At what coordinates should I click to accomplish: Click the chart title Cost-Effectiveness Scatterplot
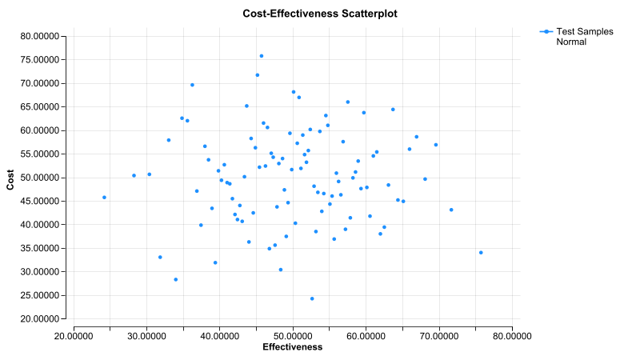click(x=319, y=14)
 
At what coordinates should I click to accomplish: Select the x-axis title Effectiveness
click(x=293, y=347)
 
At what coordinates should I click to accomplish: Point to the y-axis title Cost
click(x=10, y=177)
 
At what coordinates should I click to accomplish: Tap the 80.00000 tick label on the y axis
click(x=44, y=36)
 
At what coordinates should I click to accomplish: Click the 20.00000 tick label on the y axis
click(x=44, y=319)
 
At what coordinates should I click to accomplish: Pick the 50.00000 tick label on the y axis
click(x=44, y=178)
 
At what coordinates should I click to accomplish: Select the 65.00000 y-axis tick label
click(x=44, y=106)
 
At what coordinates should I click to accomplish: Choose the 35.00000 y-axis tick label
click(x=44, y=248)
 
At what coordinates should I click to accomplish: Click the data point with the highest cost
click(x=262, y=56)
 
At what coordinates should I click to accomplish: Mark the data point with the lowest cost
click(x=312, y=298)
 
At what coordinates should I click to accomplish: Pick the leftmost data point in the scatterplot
click(x=104, y=197)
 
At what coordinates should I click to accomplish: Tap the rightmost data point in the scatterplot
click(x=481, y=253)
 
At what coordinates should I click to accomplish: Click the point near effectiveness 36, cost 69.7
click(x=192, y=85)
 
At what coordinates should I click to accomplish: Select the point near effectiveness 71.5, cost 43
click(x=451, y=210)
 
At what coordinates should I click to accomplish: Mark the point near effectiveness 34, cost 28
click(x=176, y=279)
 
